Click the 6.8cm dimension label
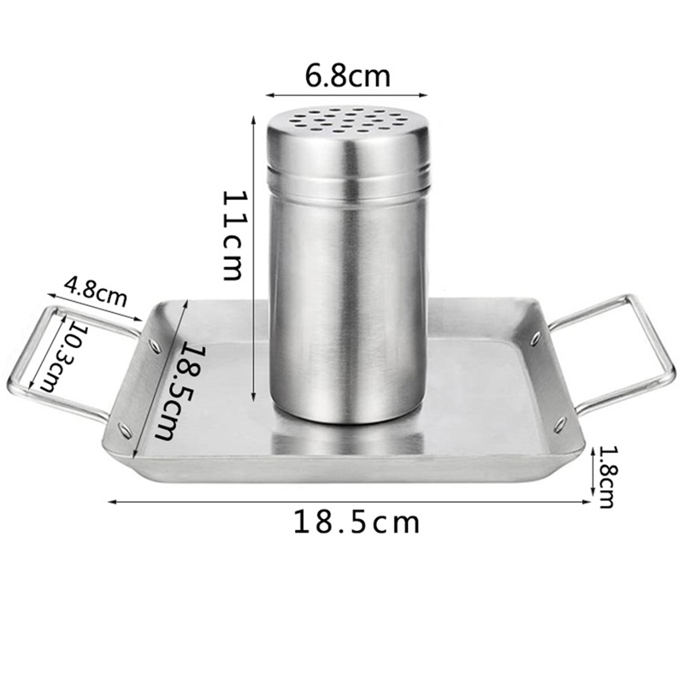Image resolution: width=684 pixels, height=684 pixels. (347, 76)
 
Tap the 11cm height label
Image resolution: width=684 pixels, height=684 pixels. (232, 235)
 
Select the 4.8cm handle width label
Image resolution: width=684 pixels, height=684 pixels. (96, 292)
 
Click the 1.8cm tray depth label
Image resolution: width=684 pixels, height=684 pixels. (605, 477)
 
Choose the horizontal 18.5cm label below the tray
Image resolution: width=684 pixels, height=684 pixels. (357, 522)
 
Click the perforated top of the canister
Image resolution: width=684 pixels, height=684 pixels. (348, 119)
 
